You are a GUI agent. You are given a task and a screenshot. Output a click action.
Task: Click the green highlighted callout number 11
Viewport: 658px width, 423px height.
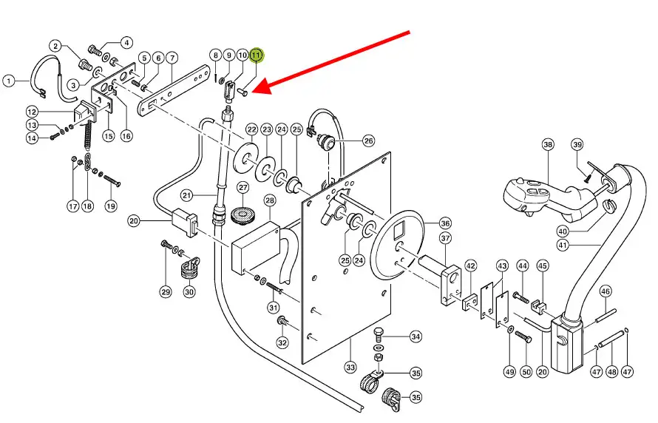(256, 55)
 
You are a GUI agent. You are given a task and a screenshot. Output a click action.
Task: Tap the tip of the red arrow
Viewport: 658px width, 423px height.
(254, 92)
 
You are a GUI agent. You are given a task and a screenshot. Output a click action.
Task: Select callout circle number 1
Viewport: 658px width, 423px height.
(8, 81)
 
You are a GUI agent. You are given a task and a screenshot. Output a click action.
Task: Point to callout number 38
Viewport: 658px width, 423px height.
(547, 144)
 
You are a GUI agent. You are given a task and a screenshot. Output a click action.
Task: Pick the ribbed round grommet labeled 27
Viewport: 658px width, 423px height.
(242, 215)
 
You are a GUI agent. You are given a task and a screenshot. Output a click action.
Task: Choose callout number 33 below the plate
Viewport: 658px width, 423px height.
(350, 367)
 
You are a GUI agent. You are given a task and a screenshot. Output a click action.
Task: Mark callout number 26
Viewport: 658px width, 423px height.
(368, 141)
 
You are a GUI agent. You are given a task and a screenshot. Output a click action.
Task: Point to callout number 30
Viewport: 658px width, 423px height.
(189, 292)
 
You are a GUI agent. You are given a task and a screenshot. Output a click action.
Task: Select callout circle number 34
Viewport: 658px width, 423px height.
(416, 337)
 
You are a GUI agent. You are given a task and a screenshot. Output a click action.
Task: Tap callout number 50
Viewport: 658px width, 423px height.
(526, 371)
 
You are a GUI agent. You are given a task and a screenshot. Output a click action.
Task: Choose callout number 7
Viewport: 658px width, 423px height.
(172, 58)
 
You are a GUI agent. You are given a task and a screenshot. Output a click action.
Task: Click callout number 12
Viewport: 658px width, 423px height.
(52, 112)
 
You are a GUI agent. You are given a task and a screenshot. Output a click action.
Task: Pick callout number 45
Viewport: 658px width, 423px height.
(542, 266)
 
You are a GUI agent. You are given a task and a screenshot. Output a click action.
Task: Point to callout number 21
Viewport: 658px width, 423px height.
(187, 195)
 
